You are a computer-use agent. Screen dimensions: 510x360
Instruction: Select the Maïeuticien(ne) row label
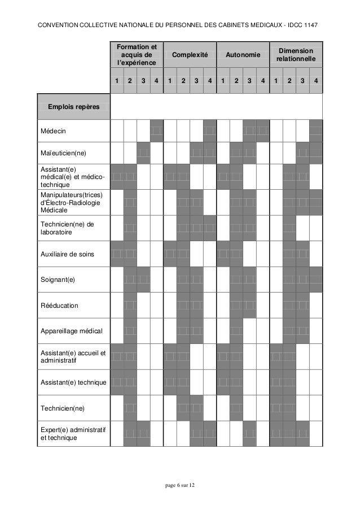point(63,152)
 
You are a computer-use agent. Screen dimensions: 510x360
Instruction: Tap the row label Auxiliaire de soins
point(67,255)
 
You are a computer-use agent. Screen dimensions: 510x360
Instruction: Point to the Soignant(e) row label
point(57,280)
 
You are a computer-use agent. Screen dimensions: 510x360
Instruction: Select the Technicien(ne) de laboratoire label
point(64,228)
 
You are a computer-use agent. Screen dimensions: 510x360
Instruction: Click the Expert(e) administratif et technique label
point(72,433)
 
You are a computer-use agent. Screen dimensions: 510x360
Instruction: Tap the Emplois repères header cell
point(73,106)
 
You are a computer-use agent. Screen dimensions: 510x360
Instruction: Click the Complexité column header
point(190,55)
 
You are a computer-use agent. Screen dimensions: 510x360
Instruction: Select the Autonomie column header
point(243,55)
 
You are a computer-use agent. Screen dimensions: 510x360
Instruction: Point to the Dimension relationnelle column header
point(296,55)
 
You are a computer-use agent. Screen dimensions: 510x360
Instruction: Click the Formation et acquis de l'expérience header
point(136,55)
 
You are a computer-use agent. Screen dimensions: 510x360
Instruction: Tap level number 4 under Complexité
point(209,81)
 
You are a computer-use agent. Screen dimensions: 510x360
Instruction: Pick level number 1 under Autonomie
point(223,81)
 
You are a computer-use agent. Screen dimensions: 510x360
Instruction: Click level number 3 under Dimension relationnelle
point(303,81)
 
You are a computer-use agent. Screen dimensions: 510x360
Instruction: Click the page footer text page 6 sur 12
point(180,487)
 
